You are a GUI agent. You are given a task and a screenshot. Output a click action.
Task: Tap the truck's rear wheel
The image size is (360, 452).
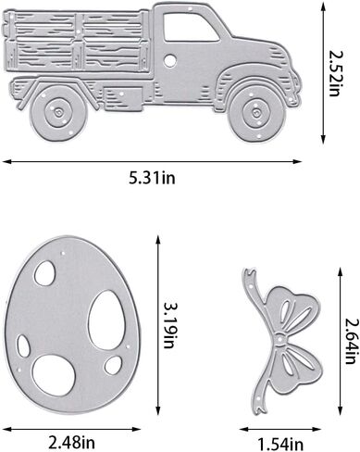(x=57, y=111)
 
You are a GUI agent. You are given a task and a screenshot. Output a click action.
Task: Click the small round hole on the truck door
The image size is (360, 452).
(x=172, y=60)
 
